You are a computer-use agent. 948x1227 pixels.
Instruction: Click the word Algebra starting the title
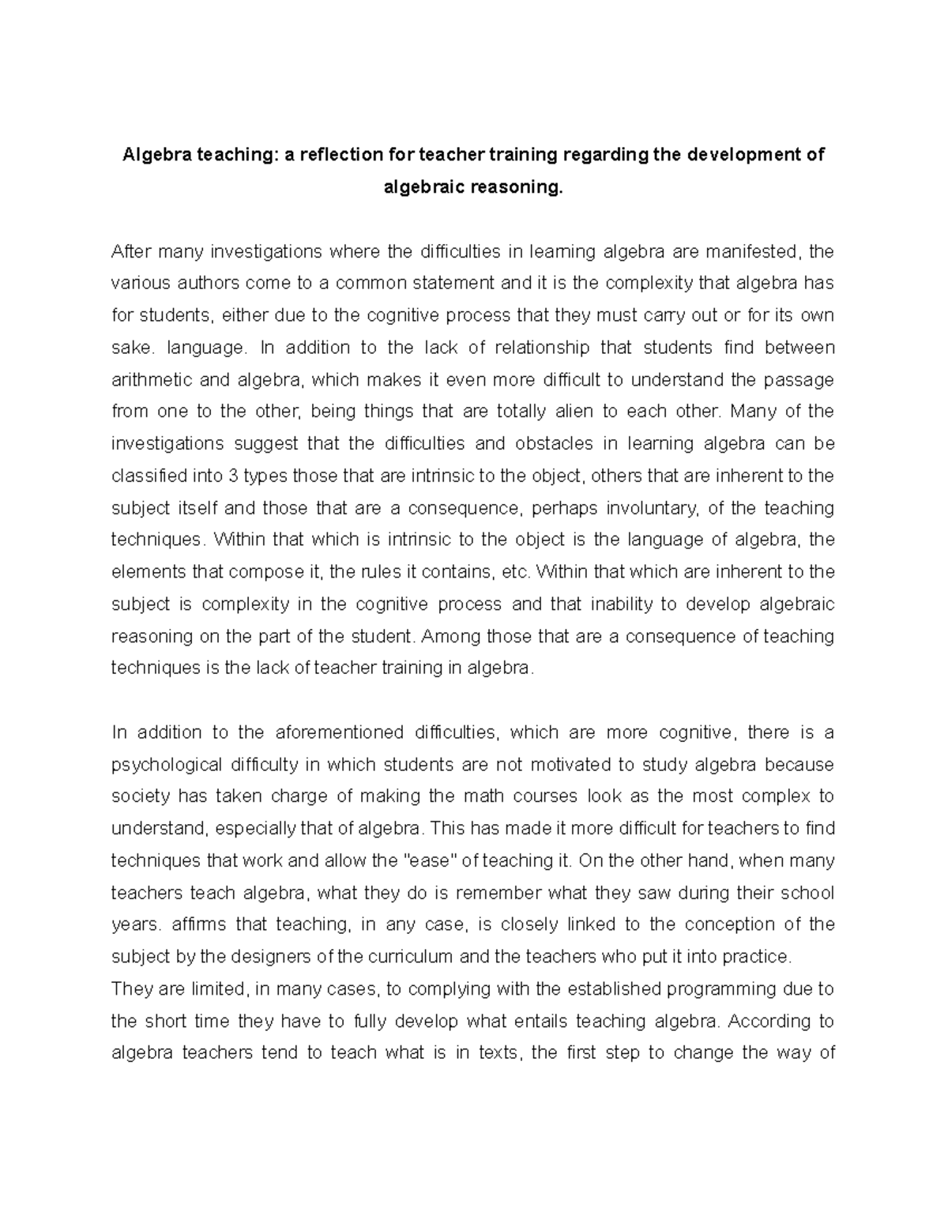(152, 155)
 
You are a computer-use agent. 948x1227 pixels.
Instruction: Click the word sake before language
(128, 348)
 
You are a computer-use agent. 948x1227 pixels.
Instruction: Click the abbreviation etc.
(518, 572)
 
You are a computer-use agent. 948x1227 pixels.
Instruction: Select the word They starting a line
(127, 989)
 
